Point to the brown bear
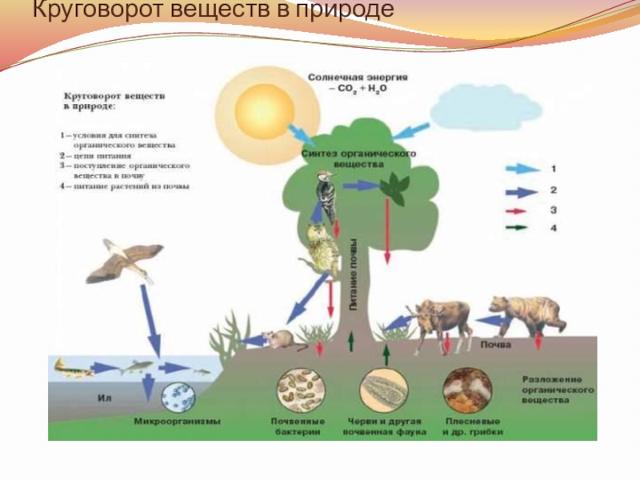[525, 314]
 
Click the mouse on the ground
[281, 339]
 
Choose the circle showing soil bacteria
[301, 390]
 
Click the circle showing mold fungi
[466, 390]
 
